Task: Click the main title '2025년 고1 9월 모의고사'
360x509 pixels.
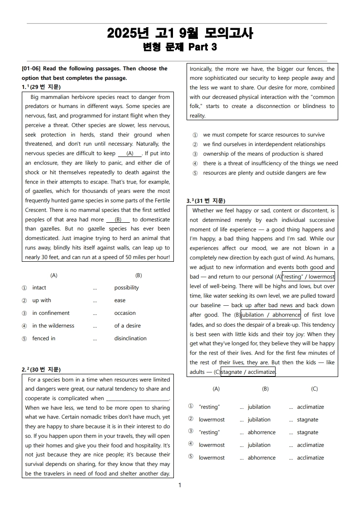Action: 180,33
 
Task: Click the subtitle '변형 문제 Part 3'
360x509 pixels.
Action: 180,47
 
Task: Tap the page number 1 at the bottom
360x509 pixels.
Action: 180,485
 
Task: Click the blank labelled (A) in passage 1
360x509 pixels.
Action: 130,153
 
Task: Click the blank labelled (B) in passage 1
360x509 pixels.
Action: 118,220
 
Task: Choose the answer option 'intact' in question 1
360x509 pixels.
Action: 39,288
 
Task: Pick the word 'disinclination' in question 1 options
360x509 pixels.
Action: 130,338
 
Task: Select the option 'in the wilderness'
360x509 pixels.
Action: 53,326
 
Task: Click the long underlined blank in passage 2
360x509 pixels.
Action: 137,399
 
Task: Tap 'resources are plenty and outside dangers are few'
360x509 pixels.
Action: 264,173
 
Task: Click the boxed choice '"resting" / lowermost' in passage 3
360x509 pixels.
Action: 308,277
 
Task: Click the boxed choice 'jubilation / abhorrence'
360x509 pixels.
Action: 271,315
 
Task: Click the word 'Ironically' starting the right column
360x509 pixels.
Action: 201,69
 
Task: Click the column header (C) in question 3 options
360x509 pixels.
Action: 314,389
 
